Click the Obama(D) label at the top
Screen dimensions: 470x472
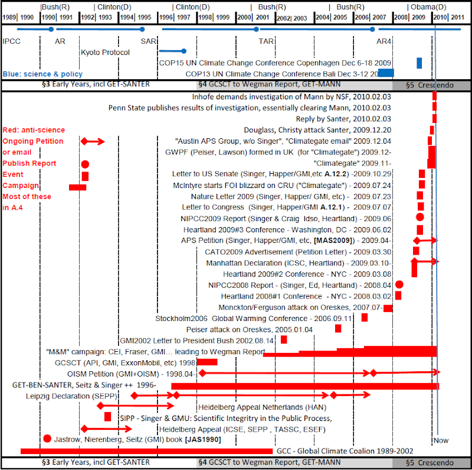click(428, 7)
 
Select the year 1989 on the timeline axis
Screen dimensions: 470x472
click(9, 18)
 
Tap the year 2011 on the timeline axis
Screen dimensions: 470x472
click(457, 18)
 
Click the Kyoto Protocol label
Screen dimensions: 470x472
click(105, 52)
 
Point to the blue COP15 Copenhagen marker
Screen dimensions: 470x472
click(419, 63)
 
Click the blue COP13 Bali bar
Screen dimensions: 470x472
click(386, 73)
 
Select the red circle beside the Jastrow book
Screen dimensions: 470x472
click(47, 439)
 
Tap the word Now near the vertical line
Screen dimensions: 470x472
click(441, 440)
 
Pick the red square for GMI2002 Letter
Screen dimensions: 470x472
click(284, 339)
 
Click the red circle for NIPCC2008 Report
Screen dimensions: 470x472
click(399, 285)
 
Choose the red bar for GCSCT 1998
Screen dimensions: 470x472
click(206, 362)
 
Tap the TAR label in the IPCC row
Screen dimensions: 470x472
click(266, 41)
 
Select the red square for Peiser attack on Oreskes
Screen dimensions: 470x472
click(338, 329)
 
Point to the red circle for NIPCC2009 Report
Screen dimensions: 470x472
click(420, 217)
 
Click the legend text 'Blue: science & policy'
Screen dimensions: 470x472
click(42, 74)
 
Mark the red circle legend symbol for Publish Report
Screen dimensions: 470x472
click(85, 164)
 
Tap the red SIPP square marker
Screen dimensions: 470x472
click(108, 417)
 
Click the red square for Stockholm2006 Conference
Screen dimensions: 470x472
click(365, 318)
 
